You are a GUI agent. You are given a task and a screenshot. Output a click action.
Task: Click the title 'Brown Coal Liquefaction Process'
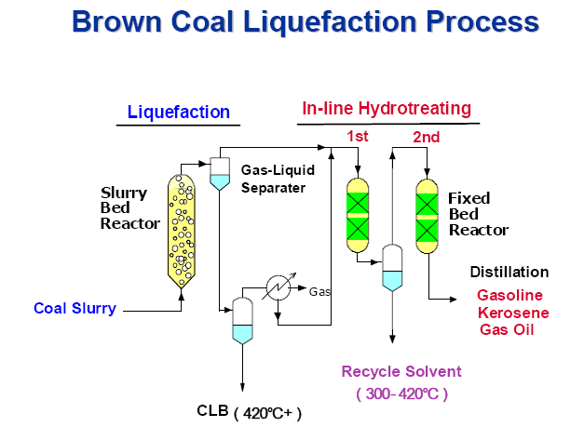[306, 21]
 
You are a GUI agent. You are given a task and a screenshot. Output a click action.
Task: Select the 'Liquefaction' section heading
[179, 113]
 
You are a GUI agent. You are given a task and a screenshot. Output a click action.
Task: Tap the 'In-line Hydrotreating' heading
[387, 109]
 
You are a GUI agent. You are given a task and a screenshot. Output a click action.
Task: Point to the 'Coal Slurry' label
[75, 308]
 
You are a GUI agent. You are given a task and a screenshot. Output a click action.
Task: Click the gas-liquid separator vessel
[220, 173]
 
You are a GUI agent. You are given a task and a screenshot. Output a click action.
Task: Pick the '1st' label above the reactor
[358, 137]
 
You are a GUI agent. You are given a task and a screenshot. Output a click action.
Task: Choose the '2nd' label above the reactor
[426, 138]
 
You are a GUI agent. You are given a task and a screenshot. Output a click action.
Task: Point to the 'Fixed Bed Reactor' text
[478, 214]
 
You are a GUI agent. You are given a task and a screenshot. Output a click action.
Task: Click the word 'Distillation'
[509, 273]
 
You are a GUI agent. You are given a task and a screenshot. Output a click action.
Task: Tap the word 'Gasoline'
[509, 295]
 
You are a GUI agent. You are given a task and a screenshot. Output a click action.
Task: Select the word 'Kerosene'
[512, 313]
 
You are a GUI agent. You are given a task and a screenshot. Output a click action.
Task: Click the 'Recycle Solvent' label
[401, 371]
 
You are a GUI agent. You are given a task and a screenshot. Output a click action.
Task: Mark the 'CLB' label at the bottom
[211, 410]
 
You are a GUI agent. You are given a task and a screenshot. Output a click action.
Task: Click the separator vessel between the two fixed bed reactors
[393, 268]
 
